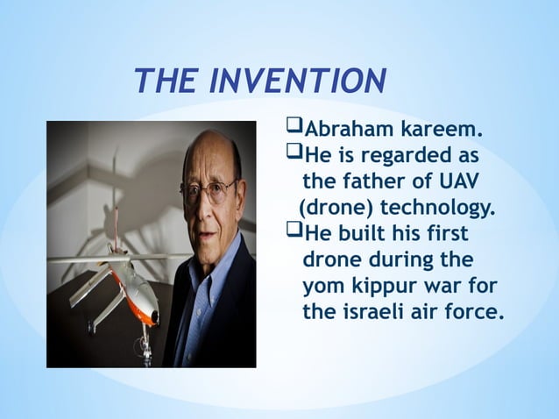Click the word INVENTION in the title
point(296,82)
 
